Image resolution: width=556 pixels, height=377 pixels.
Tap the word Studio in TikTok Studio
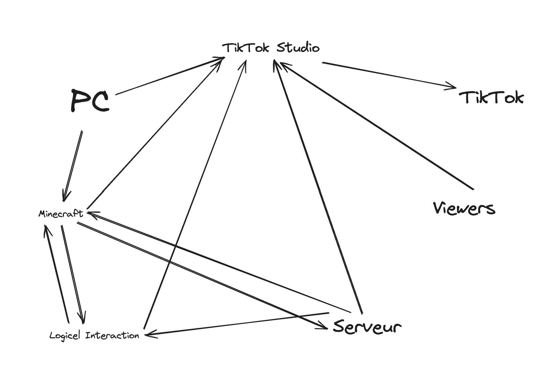tap(298, 48)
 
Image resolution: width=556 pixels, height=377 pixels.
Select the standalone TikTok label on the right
tap(491, 98)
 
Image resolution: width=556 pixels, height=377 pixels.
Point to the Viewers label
tap(464, 208)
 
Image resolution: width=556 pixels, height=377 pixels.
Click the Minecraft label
tap(61, 214)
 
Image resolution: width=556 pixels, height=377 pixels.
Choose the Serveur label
tap(367, 327)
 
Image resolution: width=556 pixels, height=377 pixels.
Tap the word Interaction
tap(112, 336)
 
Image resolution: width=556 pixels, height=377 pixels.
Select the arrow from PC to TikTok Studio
tap(169, 76)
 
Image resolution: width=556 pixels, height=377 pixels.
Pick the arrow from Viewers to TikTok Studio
tap(376, 125)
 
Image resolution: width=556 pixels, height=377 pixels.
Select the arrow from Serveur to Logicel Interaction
tap(237, 324)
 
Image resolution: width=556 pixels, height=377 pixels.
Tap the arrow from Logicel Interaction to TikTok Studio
tap(194, 195)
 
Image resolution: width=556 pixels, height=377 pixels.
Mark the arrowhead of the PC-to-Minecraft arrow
tap(65, 198)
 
